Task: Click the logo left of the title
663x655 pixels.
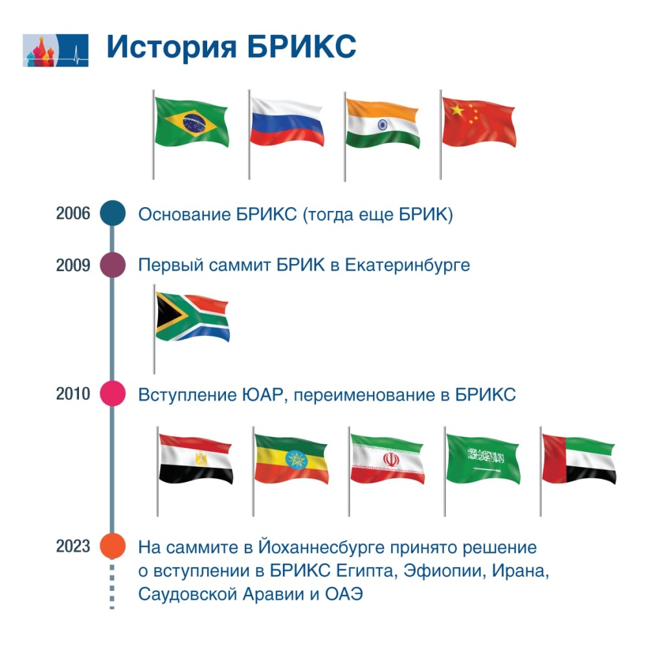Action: (55, 50)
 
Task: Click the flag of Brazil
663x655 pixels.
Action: (192, 120)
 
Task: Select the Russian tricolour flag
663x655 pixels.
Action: (287, 121)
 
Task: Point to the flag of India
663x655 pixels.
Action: (382, 123)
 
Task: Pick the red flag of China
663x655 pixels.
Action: (478, 122)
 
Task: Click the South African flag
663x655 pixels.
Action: (192, 317)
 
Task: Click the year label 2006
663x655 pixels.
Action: (73, 214)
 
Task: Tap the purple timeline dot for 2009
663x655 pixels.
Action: (112, 265)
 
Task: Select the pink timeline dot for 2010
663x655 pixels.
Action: (112, 394)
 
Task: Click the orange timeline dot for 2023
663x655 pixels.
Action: (112, 546)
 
